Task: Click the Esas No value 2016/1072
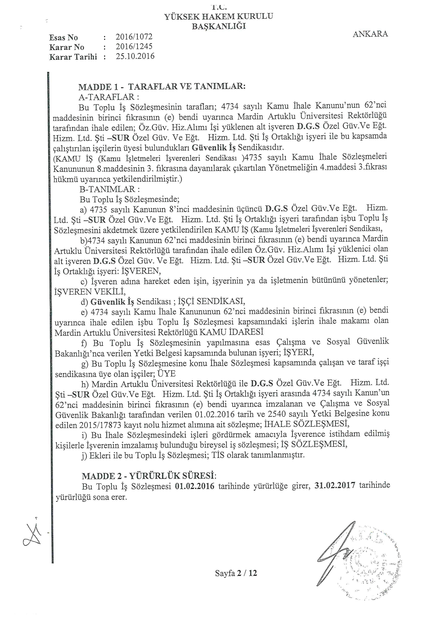pyautogui.click(x=134, y=37)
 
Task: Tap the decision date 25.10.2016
pyautogui.click(x=135, y=56)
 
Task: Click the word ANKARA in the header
pyautogui.click(x=370, y=34)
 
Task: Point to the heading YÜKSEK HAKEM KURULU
pyautogui.click(x=219, y=17)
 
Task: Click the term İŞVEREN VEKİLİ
pyautogui.click(x=90, y=292)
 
